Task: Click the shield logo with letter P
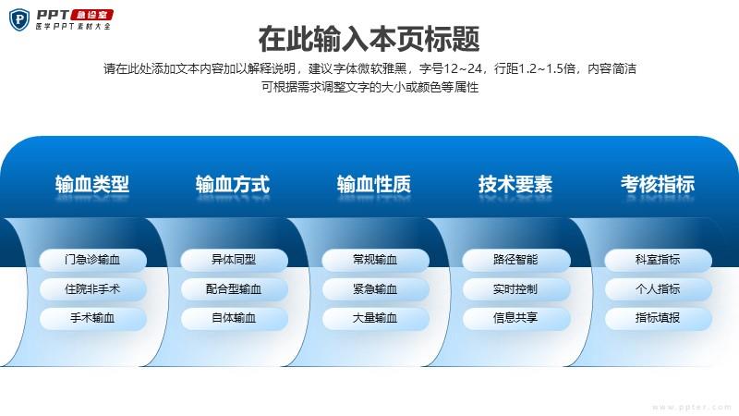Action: pyautogui.click(x=19, y=19)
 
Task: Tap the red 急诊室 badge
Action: pyautogui.click(x=91, y=15)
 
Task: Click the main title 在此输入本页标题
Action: pyautogui.click(x=369, y=39)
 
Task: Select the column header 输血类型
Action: pyautogui.click(x=91, y=184)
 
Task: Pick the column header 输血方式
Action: pyautogui.click(x=233, y=184)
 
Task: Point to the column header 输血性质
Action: pyautogui.click(x=374, y=184)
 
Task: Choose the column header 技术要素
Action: pyautogui.click(x=515, y=184)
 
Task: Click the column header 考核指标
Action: pyautogui.click(x=658, y=184)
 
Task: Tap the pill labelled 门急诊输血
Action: pyautogui.click(x=93, y=260)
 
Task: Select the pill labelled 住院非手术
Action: pyautogui.click(x=93, y=289)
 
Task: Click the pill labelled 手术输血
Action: pyautogui.click(x=93, y=318)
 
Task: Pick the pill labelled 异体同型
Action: pyautogui.click(x=235, y=260)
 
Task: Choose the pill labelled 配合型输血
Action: pyautogui.click(x=235, y=289)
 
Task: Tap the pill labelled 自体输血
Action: pyautogui.click(x=235, y=318)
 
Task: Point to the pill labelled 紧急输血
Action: pyautogui.click(x=376, y=289)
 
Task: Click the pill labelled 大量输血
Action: pyautogui.click(x=376, y=318)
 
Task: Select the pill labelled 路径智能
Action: pyautogui.click(x=516, y=260)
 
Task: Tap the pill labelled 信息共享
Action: pyautogui.click(x=516, y=318)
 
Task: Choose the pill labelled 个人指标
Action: pyautogui.click(x=659, y=289)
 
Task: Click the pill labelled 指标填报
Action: pyautogui.click(x=659, y=318)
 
